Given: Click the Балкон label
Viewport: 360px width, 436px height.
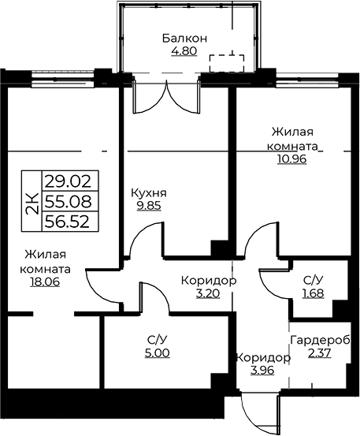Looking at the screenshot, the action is [x=184, y=39].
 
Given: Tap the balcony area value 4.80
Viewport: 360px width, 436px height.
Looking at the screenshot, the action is [x=184, y=51].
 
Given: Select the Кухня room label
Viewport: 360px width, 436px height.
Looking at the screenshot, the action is [x=149, y=193].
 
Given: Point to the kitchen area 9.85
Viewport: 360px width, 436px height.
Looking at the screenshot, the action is [x=149, y=206].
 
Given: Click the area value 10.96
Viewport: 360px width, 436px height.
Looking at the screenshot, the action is [x=291, y=158].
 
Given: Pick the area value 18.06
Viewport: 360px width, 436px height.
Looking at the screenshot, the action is [x=45, y=282].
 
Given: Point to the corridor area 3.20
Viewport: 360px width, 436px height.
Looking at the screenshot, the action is [x=208, y=293].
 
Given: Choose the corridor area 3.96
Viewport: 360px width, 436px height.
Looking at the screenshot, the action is [x=262, y=371].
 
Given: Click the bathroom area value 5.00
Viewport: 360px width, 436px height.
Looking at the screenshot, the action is [x=158, y=353].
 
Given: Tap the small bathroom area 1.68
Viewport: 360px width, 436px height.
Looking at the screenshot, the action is [x=314, y=293].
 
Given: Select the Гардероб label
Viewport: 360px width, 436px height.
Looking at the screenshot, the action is [x=320, y=341].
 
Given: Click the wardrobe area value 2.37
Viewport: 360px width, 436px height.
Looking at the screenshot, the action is [x=320, y=353].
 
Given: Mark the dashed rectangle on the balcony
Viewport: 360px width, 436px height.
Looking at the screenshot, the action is [x=227, y=63].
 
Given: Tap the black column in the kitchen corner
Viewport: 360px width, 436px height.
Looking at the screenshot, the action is [x=220, y=248].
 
